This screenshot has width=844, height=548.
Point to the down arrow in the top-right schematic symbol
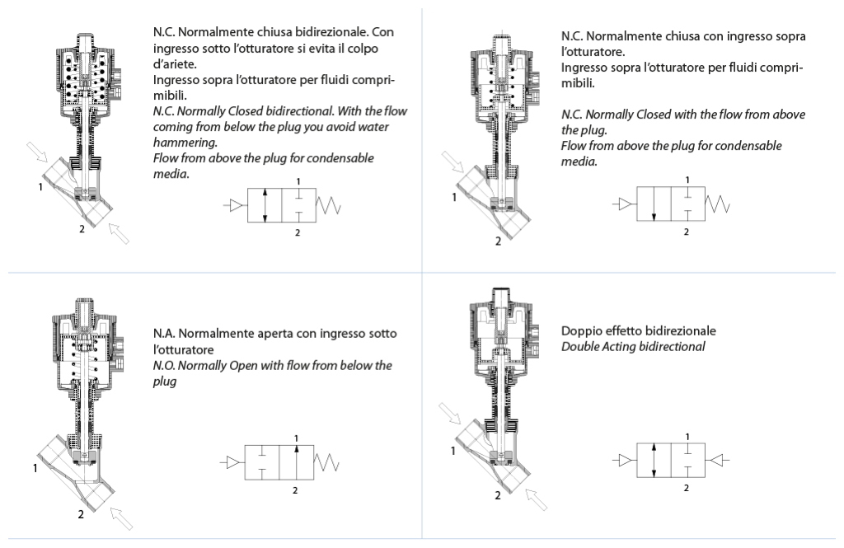click(x=654, y=205)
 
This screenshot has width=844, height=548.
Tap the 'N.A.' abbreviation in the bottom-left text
click(x=162, y=334)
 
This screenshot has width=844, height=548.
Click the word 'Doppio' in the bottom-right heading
click(x=579, y=331)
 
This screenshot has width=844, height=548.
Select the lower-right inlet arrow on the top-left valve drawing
click(x=120, y=234)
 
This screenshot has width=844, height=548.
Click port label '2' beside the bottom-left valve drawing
click(x=81, y=514)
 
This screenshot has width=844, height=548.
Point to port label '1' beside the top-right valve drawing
click(x=452, y=197)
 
